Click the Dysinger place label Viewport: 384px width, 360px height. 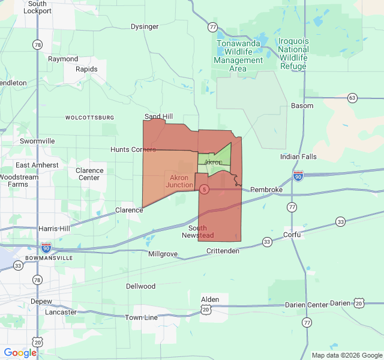tap(145, 26)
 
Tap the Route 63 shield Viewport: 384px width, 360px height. tap(352, 98)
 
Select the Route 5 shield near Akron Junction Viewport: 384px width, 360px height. tap(205, 190)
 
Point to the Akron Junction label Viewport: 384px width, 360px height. tap(179, 181)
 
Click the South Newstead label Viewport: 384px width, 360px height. tap(197, 232)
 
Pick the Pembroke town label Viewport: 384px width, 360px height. tap(266, 190)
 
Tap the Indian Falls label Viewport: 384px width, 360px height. tap(298, 157)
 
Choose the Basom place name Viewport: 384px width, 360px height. tap(302, 106)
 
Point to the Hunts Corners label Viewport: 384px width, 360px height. tap(133, 149)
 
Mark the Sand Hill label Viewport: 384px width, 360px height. tap(158, 116)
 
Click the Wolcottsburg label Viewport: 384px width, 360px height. tap(90, 118)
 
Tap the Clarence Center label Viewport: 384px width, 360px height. tap(89, 174)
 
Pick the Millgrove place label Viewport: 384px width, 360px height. tap(163, 254)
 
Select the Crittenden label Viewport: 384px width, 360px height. tap(223, 251)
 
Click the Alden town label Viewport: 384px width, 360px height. tap(210, 299)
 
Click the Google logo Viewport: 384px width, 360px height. tap(20, 353)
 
